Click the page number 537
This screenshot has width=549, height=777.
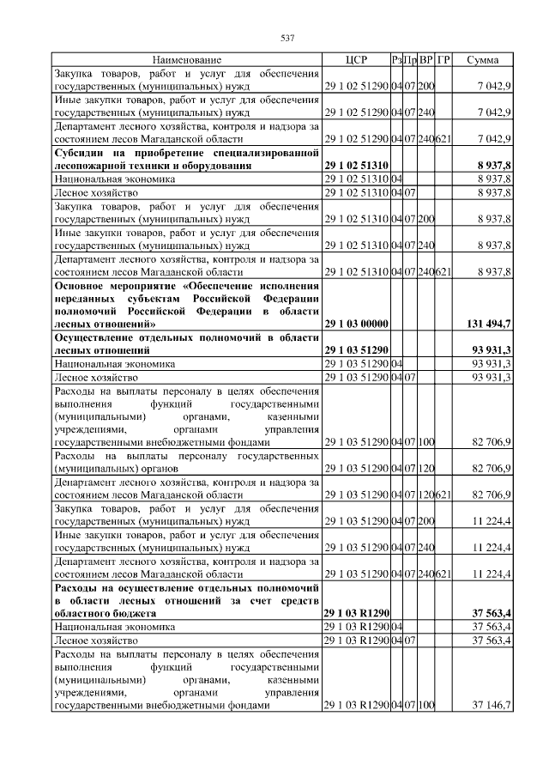pos(288,39)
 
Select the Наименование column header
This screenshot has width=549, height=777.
pos(187,60)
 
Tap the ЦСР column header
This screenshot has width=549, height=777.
pos(356,60)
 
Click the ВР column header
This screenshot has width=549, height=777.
pos(425,60)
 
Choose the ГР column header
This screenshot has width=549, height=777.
pos(443,60)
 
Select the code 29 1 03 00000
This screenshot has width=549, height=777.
pos(356,323)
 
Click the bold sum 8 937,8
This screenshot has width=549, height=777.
pos(492,165)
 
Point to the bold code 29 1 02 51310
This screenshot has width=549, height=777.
pos(356,165)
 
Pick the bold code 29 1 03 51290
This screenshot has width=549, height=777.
pos(356,350)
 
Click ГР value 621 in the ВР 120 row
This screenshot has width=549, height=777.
pos(443,495)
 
